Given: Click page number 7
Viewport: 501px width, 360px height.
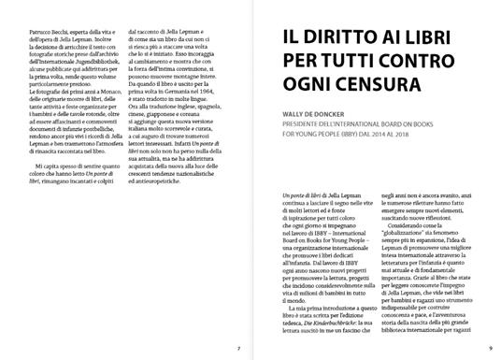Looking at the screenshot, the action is pyautogui.click(x=239, y=348).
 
